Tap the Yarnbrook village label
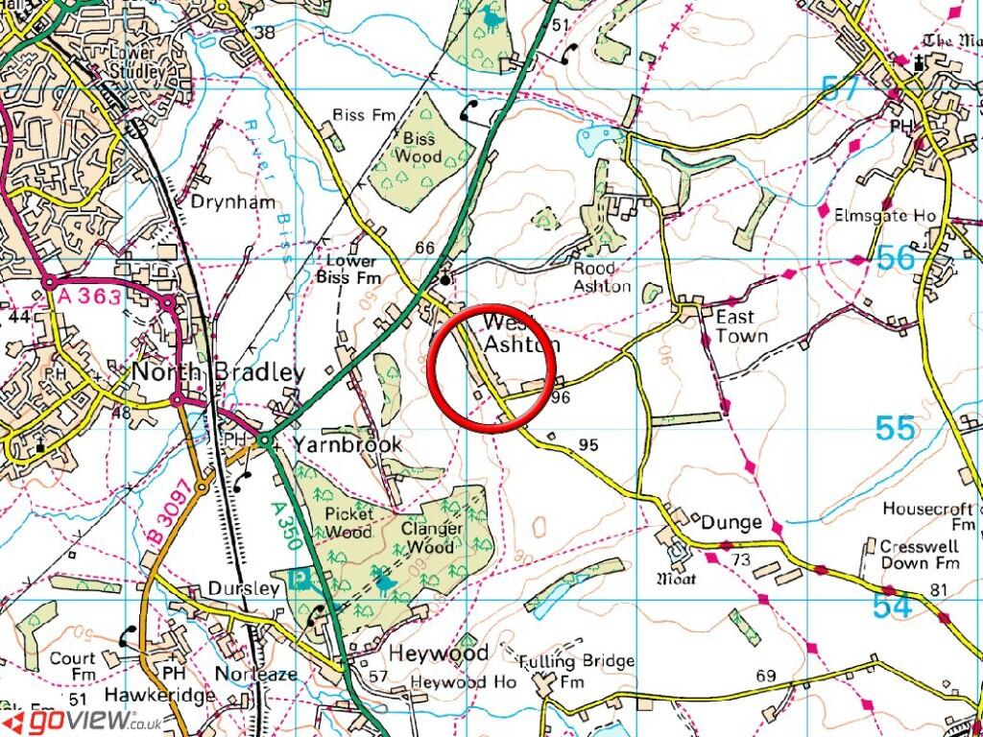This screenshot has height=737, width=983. click(348, 445)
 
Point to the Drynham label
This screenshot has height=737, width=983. click(232, 202)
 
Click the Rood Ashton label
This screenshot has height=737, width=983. click(603, 277)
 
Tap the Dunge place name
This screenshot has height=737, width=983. click(731, 523)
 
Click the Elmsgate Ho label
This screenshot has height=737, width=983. click(884, 216)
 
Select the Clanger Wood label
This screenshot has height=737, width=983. click(432, 537)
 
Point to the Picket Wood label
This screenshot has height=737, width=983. click(348, 523)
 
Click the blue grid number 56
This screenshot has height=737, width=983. click(896, 257)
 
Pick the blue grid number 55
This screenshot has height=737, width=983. click(895, 428)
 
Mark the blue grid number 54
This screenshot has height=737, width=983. click(893, 606)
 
